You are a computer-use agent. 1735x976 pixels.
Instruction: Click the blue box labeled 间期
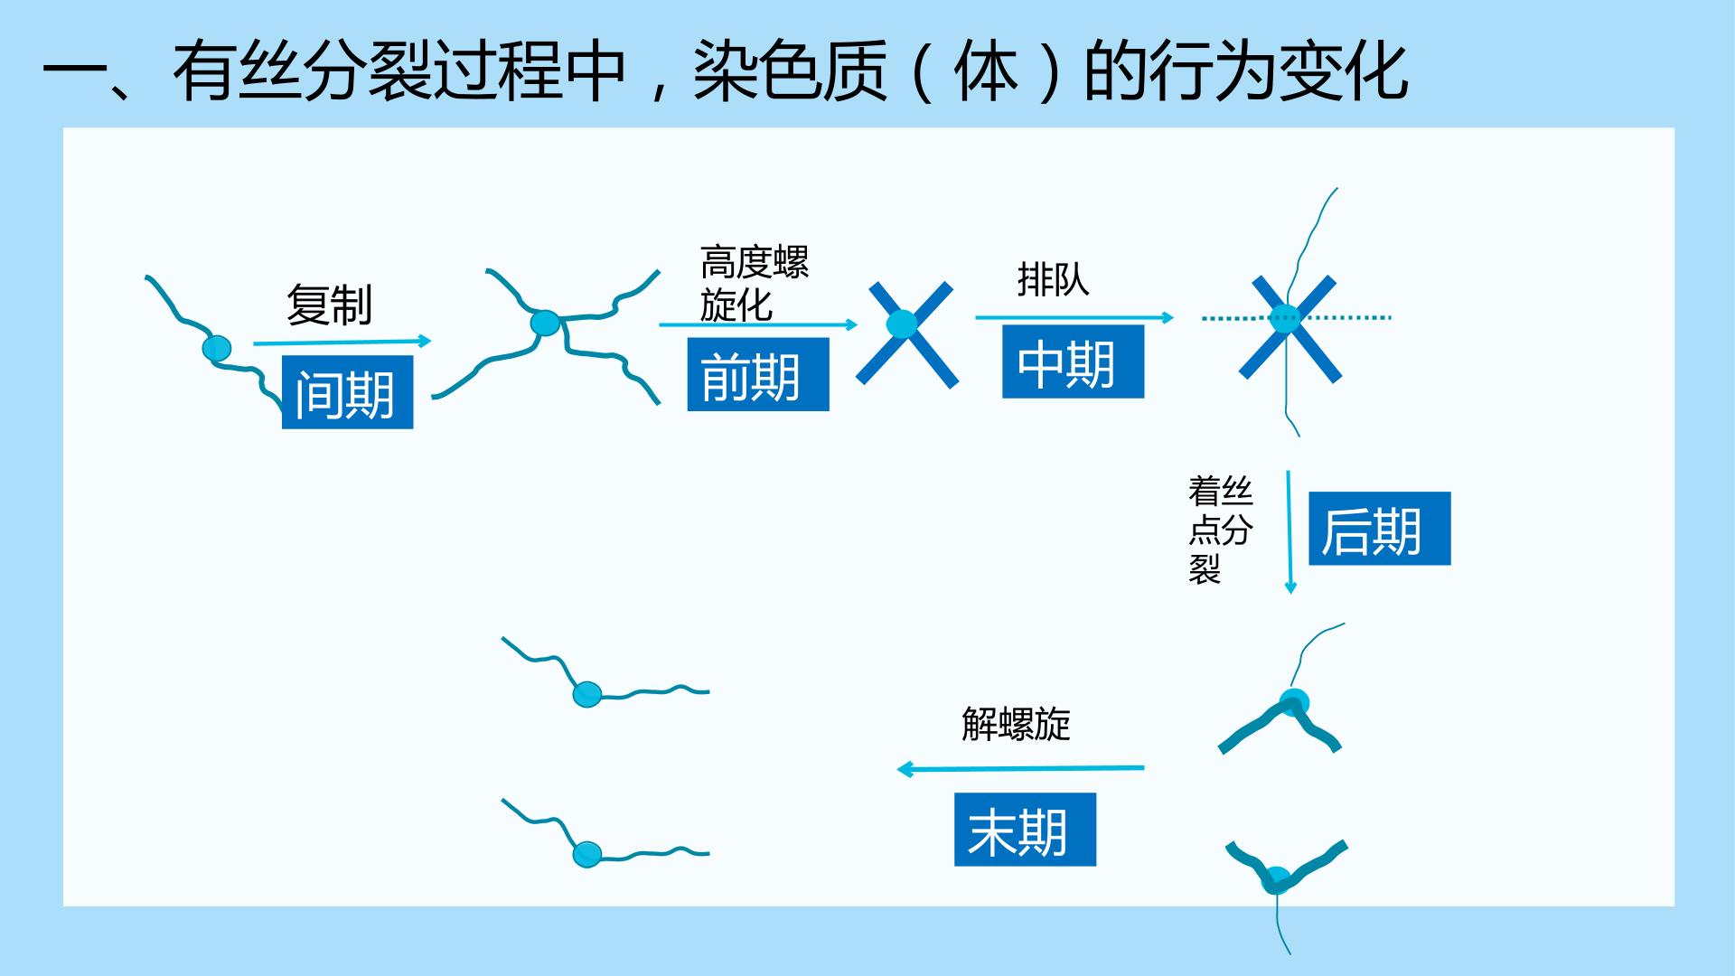(347, 392)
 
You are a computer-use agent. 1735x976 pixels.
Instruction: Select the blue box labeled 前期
(758, 374)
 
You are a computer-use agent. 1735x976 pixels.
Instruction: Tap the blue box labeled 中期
(1073, 361)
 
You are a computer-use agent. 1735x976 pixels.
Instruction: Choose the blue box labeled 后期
(1379, 529)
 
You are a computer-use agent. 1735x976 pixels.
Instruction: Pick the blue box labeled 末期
(1025, 830)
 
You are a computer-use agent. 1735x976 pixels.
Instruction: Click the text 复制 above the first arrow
(329, 305)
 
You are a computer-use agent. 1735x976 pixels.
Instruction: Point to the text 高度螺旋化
(754, 284)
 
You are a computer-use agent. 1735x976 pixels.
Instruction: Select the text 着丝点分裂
(1220, 530)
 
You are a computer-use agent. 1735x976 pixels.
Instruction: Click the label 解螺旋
(1016, 724)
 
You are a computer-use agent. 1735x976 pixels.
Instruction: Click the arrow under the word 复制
(342, 342)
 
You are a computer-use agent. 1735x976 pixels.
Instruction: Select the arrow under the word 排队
(1074, 317)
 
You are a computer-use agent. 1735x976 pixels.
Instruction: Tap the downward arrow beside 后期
(1290, 531)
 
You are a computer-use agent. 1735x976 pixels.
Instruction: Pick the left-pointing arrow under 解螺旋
(1020, 769)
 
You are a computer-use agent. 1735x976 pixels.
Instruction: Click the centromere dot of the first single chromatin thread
(217, 348)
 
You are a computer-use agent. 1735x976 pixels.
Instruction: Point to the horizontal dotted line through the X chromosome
(1297, 317)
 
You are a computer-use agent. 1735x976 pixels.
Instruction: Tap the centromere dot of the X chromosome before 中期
(901, 324)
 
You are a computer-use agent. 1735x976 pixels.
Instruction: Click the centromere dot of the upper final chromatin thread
(587, 694)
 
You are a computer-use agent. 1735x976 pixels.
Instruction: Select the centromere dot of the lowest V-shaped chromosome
(1276, 877)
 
